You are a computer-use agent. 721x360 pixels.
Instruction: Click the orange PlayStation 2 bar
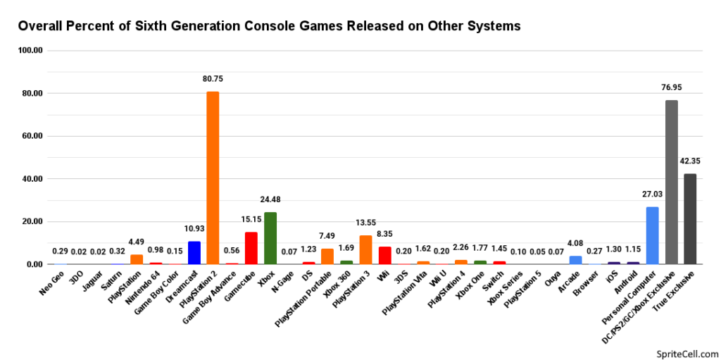(x=213, y=178)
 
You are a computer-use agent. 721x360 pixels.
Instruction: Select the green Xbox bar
(x=270, y=238)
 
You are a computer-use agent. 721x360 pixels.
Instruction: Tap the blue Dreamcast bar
(x=194, y=252)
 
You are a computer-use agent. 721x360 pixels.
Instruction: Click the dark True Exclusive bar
(x=690, y=218)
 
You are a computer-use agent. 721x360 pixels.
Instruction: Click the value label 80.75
(x=213, y=79)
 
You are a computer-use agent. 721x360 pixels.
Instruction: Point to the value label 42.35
(x=690, y=161)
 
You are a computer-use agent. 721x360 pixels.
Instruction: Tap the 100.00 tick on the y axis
(x=32, y=51)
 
